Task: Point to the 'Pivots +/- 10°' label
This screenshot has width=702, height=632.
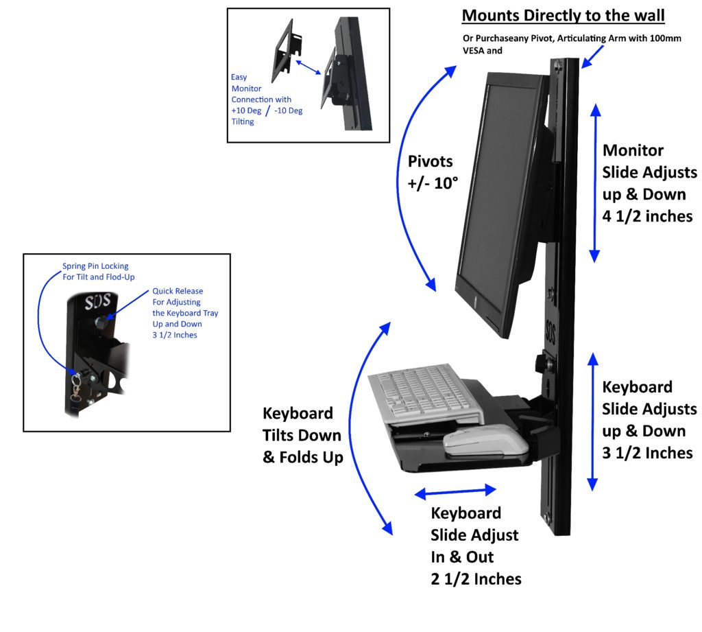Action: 431,174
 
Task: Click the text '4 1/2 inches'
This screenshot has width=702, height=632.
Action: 648,216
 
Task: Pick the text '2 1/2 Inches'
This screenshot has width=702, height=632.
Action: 476,578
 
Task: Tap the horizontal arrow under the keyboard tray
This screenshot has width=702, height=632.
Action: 455,491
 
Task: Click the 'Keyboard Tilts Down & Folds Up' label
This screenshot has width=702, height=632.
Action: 302,435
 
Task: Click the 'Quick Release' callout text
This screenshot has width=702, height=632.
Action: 178,291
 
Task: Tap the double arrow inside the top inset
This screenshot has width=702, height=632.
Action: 309,66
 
